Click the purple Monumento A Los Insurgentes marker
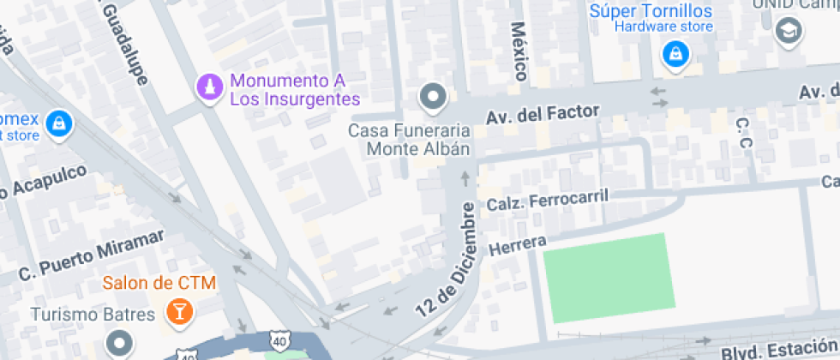208,88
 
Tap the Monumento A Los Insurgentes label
287,90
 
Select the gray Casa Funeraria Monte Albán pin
434,98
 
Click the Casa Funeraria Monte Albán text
409,140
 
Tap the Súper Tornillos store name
651,11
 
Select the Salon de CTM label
159,283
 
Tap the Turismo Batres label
93,315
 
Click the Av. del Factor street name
543,111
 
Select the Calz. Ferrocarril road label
548,201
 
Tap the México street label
519,51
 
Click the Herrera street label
517,245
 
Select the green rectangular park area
609,273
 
